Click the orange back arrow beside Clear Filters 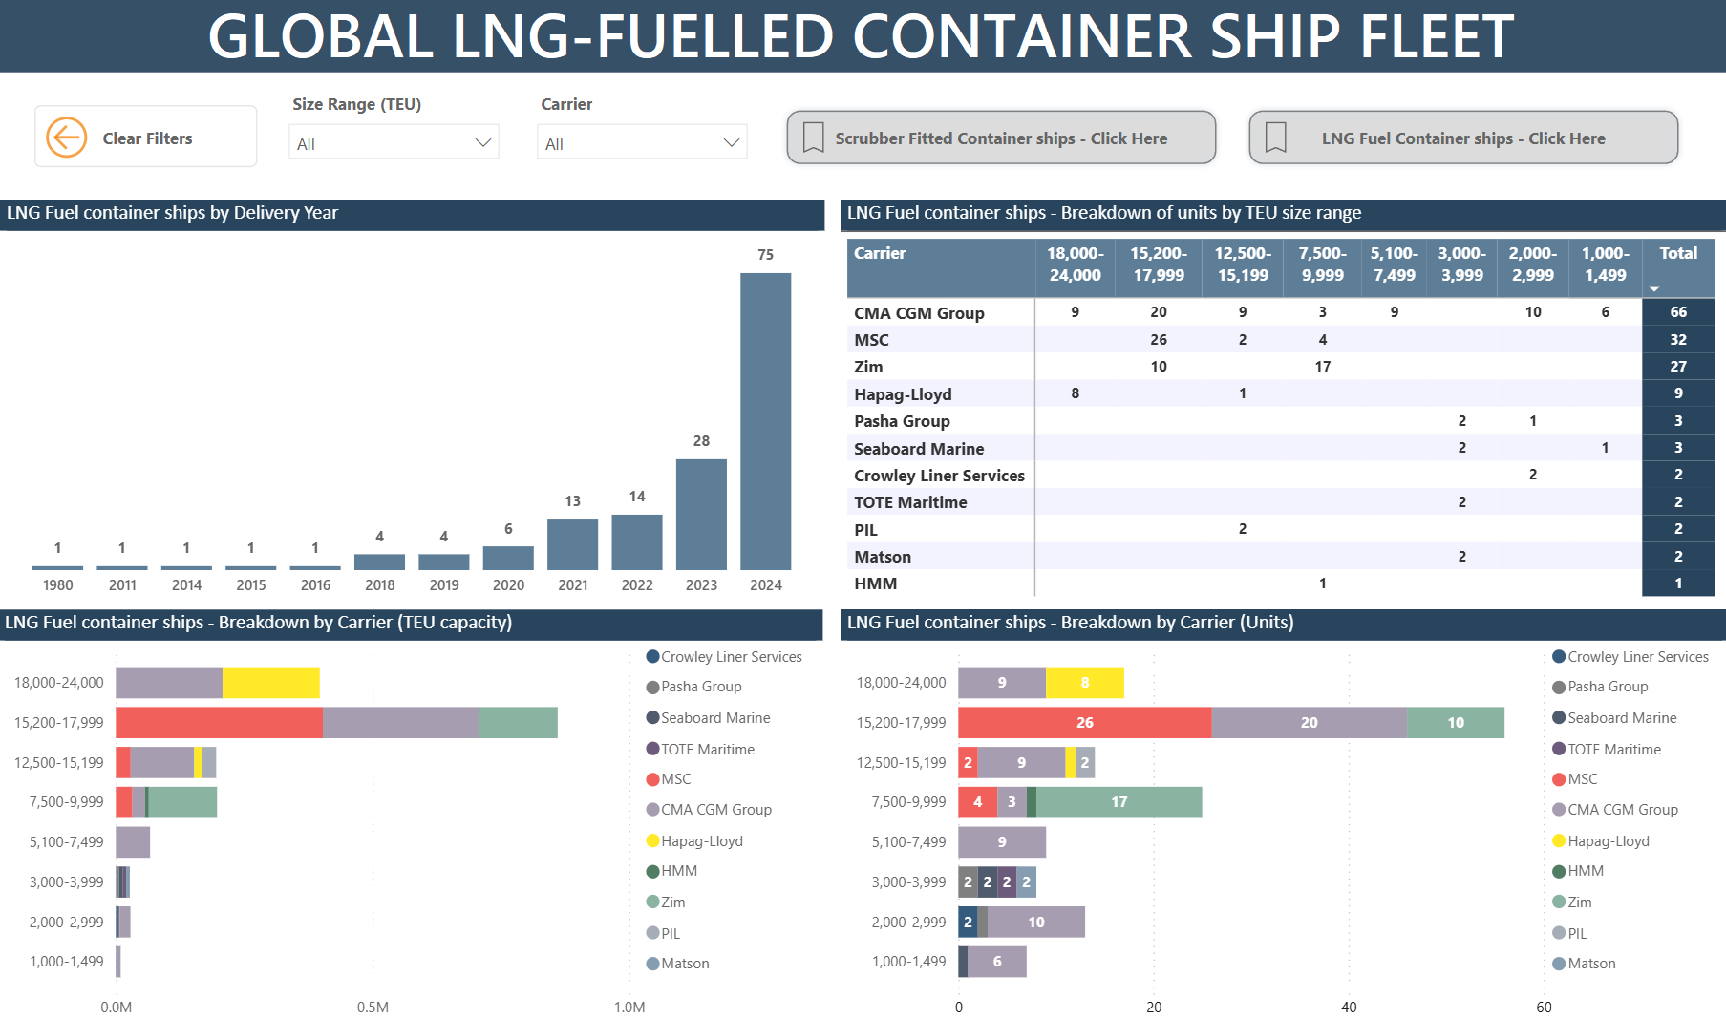click(x=66, y=138)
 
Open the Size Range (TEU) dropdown click(x=394, y=143)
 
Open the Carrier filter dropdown click(x=642, y=143)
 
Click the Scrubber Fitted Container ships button click(x=1000, y=138)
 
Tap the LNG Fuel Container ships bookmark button click(x=1462, y=138)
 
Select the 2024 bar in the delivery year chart click(x=765, y=421)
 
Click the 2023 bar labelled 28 click(x=701, y=514)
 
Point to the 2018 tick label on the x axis click(x=379, y=584)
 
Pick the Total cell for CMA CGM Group click(x=1677, y=312)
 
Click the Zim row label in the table click(x=868, y=367)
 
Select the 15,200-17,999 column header click(x=1158, y=265)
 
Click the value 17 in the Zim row click(x=1322, y=367)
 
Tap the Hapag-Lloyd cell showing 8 click(x=1075, y=393)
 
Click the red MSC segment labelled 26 click(x=1084, y=723)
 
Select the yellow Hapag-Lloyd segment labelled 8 click(x=1084, y=683)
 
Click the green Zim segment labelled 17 click(x=1119, y=802)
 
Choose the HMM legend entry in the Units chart click(x=1585, y=871)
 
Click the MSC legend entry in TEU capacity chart click(x=675, y=779)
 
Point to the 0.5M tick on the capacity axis click(x=373, y=1007)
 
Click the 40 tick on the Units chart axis click(x=1349, y=1007)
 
